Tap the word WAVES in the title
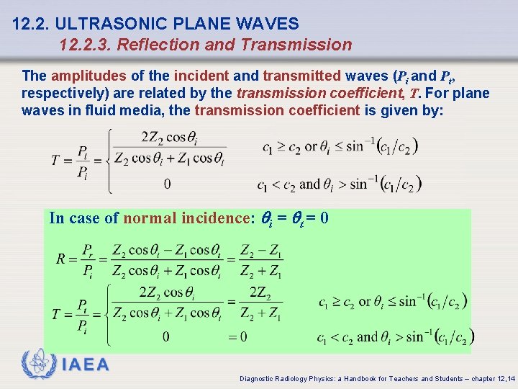pyautogui.click(x=271, y=24)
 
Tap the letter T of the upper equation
pyautogui.click(x=56, y=159)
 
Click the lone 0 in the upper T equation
pyautogui.click(x=168, y=184)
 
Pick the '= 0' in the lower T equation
pyautogui.click(x=237, y=337)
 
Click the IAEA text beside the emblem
pyautogui.click(x=86, y=365)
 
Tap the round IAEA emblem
pyautogui.click(x=38, y=363)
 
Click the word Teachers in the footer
pyautogui.click(x=394, y=378)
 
